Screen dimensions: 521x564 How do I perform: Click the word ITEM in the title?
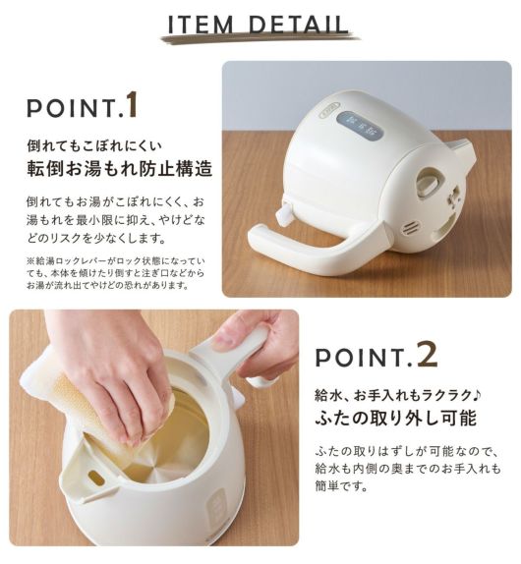[202, 25]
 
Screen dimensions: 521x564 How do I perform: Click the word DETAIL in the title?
[299, 25]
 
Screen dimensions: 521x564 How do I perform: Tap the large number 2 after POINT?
[428, 355]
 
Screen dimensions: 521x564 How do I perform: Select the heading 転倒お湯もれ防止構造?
[120, 168]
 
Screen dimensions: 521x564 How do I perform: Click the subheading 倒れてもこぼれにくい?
[94, 145]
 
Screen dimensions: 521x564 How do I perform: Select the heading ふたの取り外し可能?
[396, 418]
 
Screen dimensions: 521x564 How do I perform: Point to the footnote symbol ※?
[30, 260]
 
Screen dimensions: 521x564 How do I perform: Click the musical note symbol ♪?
[476, 395]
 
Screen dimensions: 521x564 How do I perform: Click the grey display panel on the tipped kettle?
[360, 126]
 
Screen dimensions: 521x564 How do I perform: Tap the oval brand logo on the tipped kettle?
[330, 109]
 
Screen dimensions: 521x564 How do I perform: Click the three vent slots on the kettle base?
[411, 229]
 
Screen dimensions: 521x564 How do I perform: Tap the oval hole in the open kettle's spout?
[96, 478]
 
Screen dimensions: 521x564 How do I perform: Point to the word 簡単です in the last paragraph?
[341, 486]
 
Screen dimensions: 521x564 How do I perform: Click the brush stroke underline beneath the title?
[260, 37]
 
